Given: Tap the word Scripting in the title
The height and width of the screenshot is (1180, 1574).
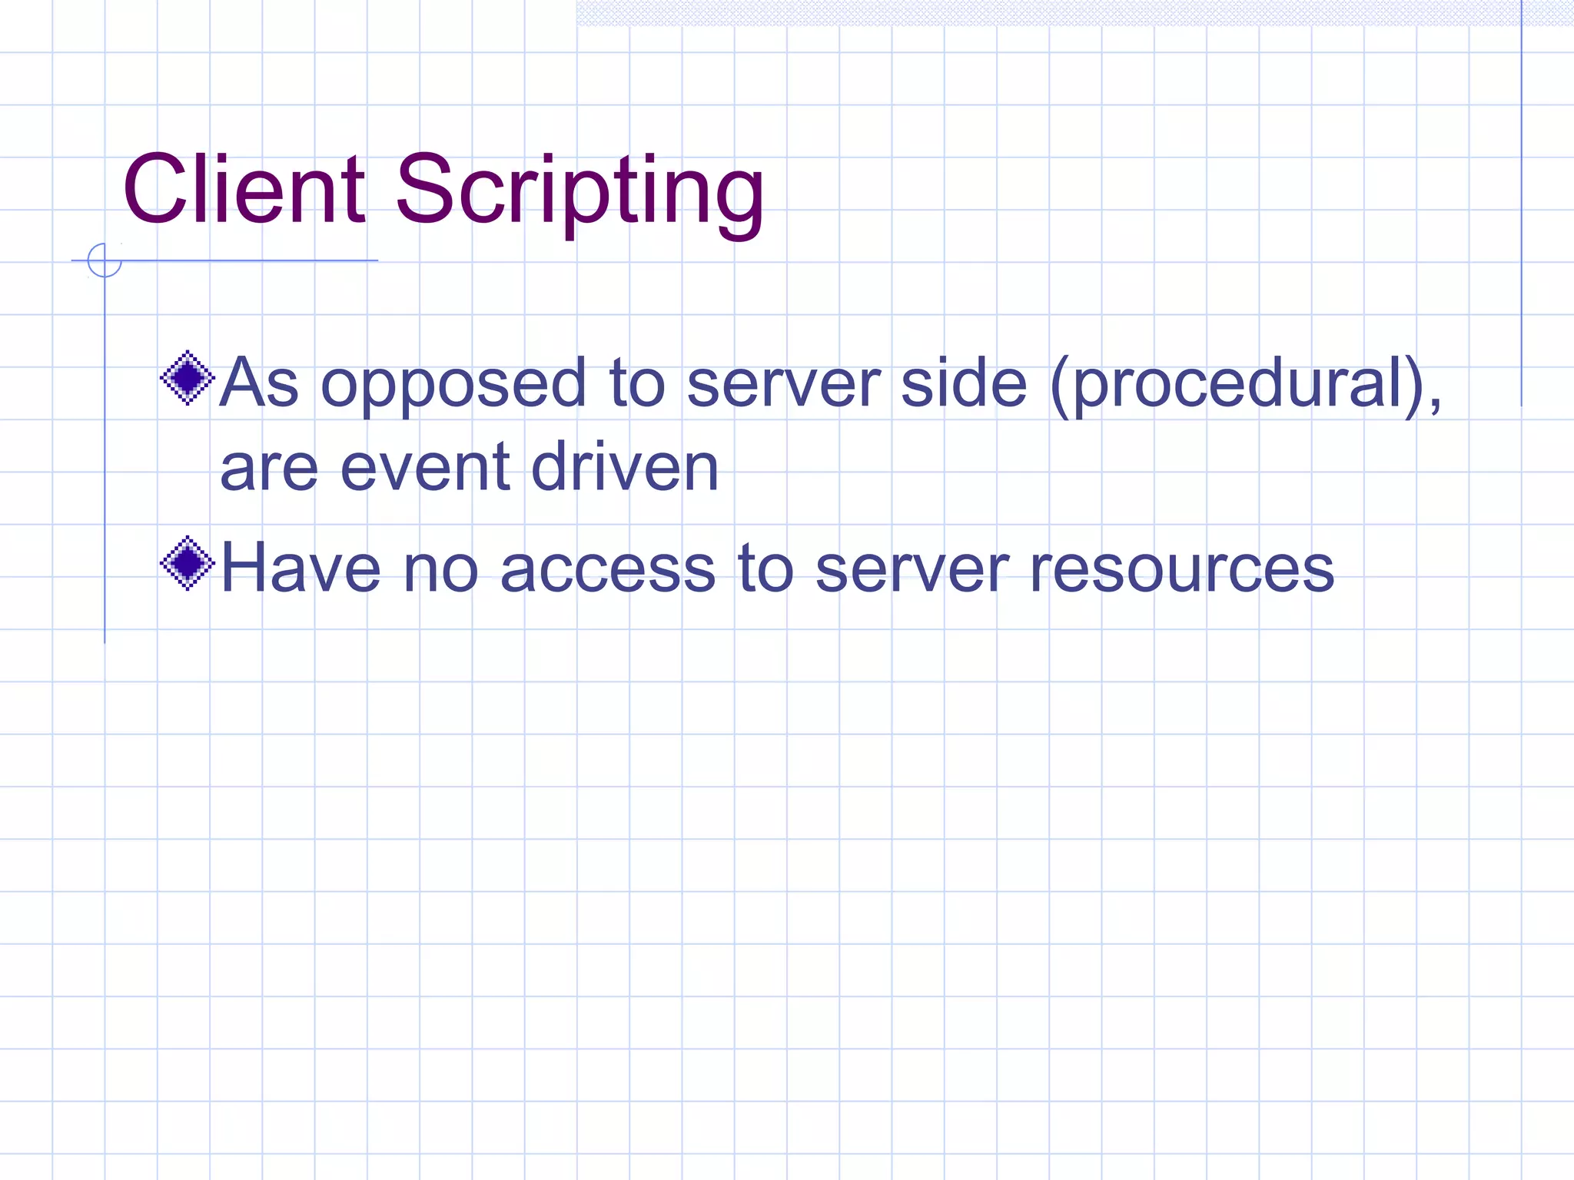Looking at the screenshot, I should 579,192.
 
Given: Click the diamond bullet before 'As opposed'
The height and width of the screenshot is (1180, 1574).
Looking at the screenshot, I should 187,378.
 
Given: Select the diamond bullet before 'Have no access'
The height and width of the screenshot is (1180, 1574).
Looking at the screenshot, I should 187,564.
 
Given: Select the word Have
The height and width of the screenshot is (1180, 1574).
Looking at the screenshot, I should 301,568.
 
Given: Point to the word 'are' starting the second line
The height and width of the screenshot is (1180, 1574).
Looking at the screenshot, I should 269,469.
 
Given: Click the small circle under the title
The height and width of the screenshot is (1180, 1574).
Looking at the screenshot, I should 105,260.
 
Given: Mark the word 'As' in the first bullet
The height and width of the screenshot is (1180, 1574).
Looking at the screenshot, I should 259,383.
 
